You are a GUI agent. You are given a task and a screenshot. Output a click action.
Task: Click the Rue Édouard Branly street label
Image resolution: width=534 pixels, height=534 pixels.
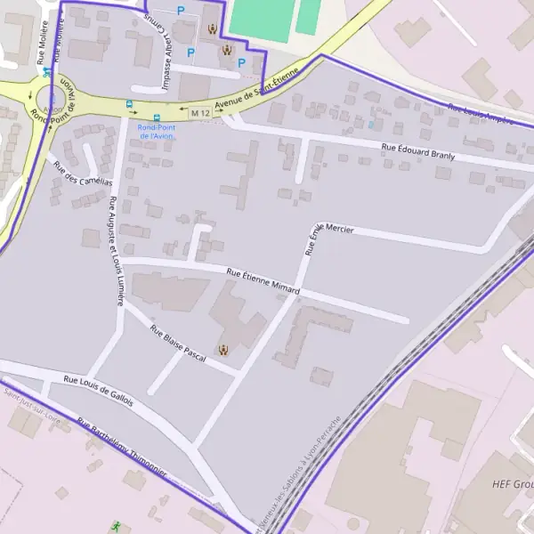pyautogui.click(x=417, y=152)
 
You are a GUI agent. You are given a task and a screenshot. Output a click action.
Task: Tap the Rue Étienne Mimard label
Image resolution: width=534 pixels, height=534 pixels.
pyautogui.click(x=263, y=282)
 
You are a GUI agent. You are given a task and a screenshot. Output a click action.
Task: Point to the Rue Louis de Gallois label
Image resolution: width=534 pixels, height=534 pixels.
pyautogui.click(x=98, y=391)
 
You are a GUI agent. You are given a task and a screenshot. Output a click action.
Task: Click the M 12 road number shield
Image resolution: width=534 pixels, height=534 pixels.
pyautogui.click(x=199, y=113)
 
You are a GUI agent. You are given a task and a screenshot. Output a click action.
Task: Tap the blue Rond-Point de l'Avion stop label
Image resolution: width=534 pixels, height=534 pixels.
pyautogui.click(x=157, y=130)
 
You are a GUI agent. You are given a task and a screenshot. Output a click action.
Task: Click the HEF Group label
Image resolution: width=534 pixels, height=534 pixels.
pyautogui.click(x=513, y=484)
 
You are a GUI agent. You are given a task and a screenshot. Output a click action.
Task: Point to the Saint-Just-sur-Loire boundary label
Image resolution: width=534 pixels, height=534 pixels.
pyautogui.click(x=30, y=401)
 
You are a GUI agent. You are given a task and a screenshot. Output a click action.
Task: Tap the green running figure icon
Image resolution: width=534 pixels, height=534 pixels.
pyautogui.click(x=115, y=526)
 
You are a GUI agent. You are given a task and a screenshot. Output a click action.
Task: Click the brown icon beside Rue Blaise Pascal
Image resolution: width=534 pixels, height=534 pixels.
pyautogui.click(x=222, y=350)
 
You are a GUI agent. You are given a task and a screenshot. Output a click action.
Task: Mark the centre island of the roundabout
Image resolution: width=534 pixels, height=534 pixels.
pyautogui.click(x=48, y=97)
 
